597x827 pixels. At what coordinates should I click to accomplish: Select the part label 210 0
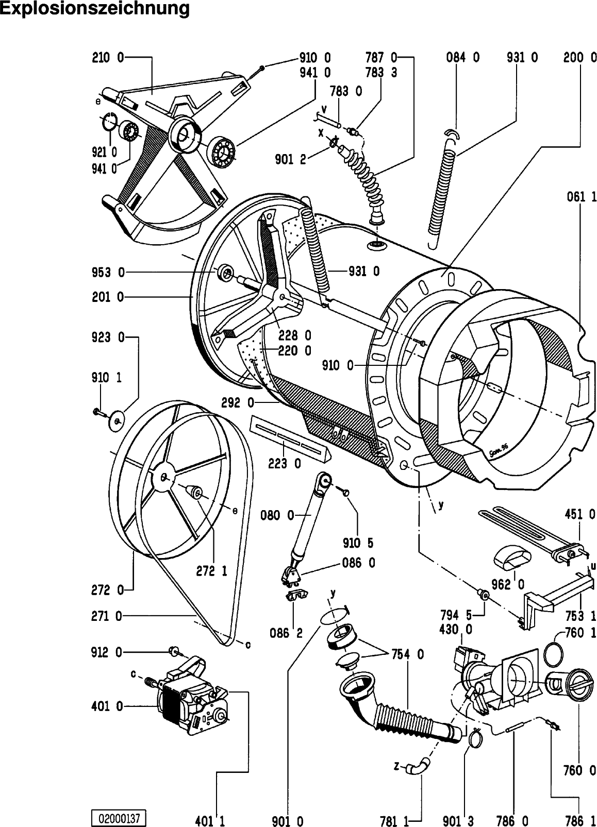108,58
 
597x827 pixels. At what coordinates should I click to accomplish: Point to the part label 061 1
582,197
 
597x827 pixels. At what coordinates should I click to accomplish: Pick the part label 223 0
285,464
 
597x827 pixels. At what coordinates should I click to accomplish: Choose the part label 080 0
277,515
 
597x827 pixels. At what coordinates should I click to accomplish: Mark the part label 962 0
508,585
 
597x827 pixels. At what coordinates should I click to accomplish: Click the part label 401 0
107,706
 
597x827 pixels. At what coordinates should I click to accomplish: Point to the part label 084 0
462,58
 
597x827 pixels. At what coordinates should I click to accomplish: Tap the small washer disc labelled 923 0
117,420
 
